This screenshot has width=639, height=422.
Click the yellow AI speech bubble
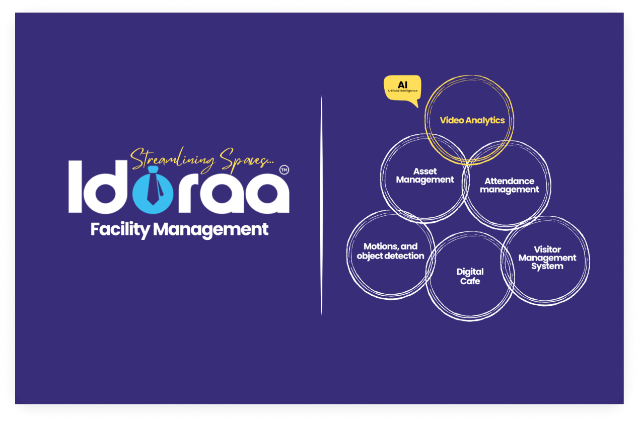(402, 89)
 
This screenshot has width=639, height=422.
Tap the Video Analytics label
(472, 121)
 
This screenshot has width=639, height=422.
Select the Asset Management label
(425, 176)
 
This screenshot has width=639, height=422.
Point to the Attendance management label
(509, 186)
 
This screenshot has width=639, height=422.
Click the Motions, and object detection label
(390, 251)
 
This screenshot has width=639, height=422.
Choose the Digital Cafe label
(470, 277)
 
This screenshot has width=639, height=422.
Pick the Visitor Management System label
(547, 258)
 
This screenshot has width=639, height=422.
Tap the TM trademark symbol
(284, 170)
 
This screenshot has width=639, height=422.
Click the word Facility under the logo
(120, 230)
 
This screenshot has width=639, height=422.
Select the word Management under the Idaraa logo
(210, 230)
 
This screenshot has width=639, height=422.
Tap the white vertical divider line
(321, 206)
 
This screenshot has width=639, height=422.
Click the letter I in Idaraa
(76, 187)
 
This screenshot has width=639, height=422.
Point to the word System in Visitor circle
(547, 267)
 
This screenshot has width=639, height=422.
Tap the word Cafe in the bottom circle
(470, 281)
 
